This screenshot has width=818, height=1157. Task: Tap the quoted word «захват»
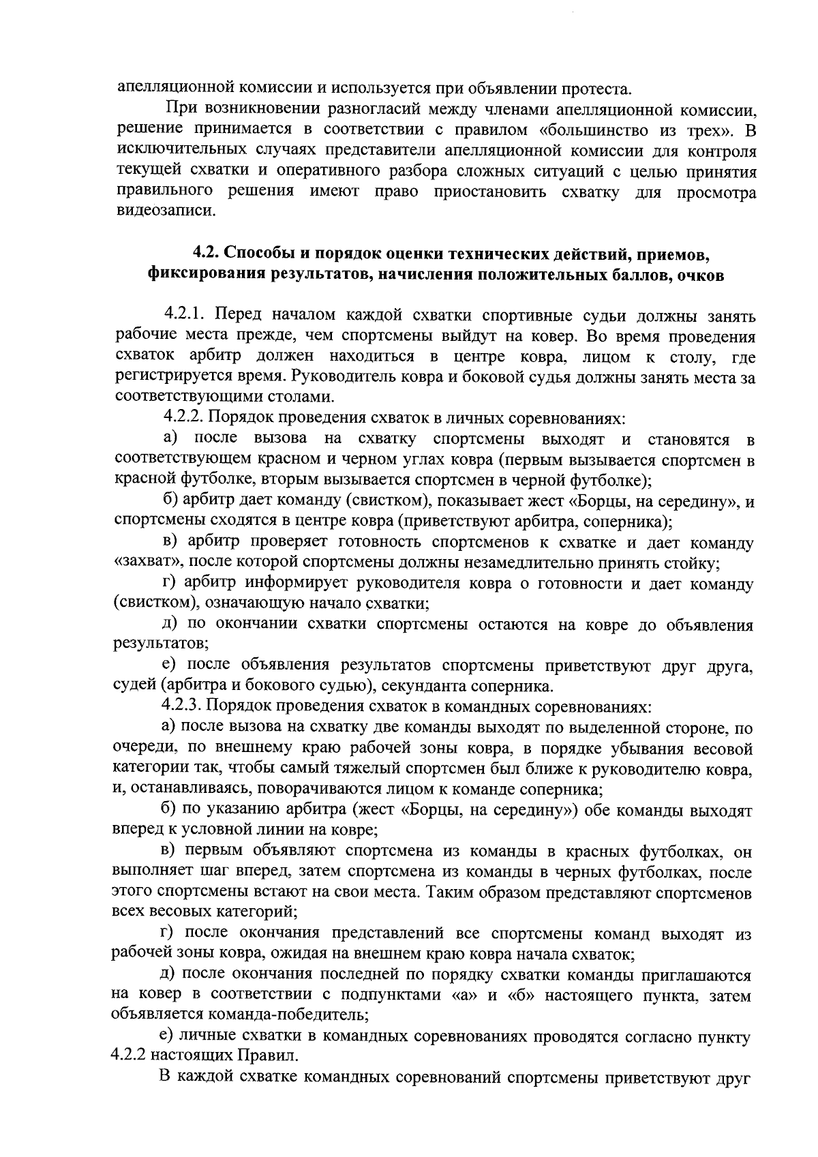(x=147, y=564)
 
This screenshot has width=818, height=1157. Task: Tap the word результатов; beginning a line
(x=160, y=644)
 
